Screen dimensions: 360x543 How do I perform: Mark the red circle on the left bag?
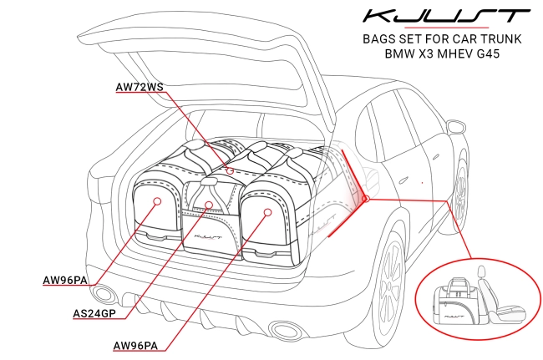(x=157, y=201)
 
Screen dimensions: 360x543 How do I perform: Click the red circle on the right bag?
(x=267, y=212)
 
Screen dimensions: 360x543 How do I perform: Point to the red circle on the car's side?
(x=365, y=199)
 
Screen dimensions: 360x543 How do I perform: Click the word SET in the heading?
(x=426, y=38)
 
